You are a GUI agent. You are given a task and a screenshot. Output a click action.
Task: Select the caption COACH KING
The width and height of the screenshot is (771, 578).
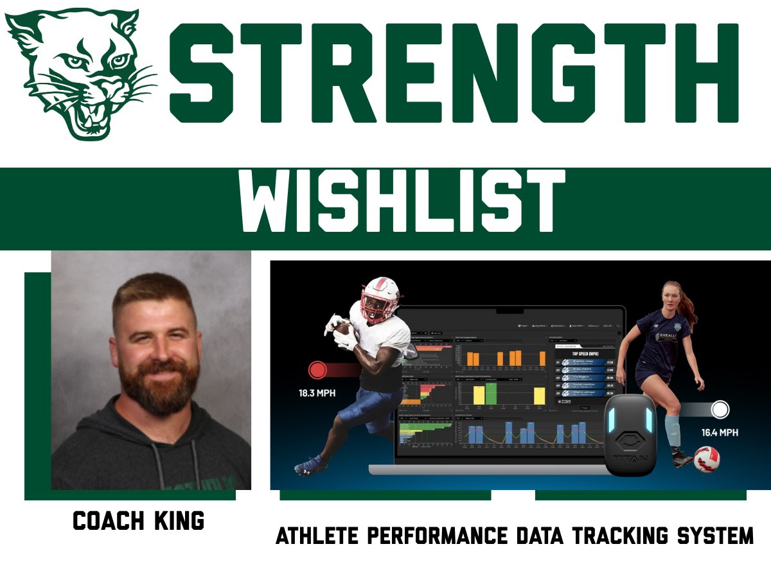click(138, 521)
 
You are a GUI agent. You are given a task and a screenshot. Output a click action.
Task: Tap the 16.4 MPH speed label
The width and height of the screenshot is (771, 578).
click(719, 432)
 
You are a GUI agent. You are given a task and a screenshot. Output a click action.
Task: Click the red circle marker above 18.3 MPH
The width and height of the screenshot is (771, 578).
click(318, 370)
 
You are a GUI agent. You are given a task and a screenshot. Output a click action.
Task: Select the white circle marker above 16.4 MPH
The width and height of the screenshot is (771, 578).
click(720, 410)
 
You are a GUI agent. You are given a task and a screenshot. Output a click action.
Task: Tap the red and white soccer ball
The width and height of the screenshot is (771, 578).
click(707, 459)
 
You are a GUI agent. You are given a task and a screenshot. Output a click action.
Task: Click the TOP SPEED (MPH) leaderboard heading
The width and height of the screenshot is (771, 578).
click(584, 353)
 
